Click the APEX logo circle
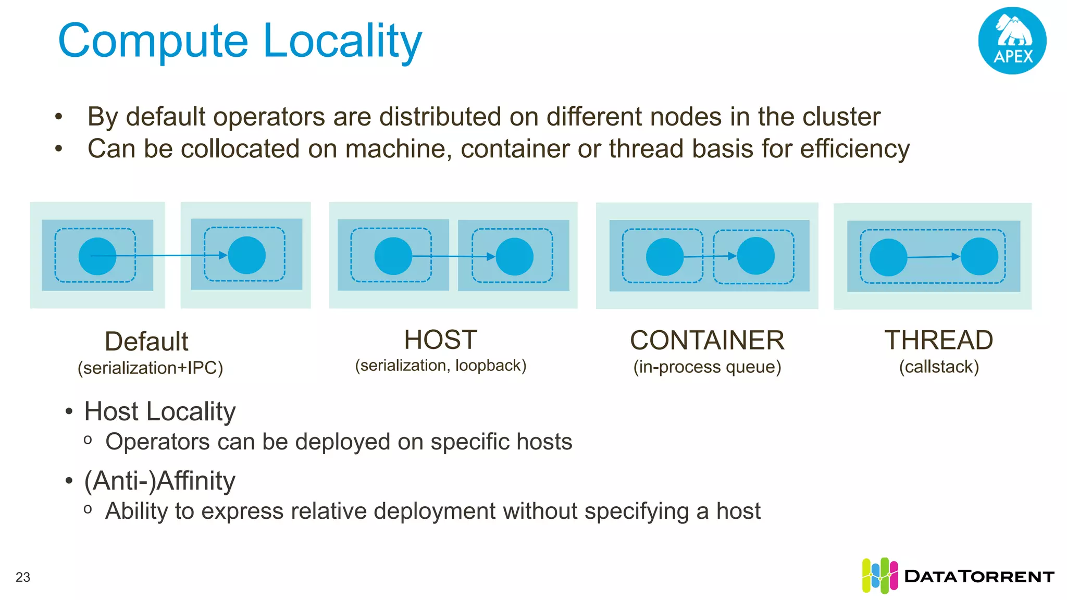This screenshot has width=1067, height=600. click(1012, 41)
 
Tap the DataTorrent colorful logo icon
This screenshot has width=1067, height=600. click(879, 576)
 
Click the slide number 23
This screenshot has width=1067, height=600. click(23, 577)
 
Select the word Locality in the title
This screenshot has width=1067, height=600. click(342, 42)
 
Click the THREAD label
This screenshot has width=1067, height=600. click(938, 341)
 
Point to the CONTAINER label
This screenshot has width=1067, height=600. click(707, 341)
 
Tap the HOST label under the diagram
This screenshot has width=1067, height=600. click(441, 340)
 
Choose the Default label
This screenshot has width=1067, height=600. click(146, 342)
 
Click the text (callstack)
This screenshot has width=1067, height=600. click(939, 367)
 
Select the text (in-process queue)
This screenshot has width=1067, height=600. click(707, 367)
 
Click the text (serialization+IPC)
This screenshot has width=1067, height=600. click(150, 368)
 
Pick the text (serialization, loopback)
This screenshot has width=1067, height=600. click(441, 366)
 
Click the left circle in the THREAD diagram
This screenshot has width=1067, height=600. click(888, 257)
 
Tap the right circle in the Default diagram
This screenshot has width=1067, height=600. click(247, 255)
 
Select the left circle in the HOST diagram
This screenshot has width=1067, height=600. click(393, 256)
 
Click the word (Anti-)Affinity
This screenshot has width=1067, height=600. click(159, 480)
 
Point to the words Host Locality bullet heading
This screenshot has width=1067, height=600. click(159, 411)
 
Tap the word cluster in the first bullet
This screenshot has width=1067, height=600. click(841, 117)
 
